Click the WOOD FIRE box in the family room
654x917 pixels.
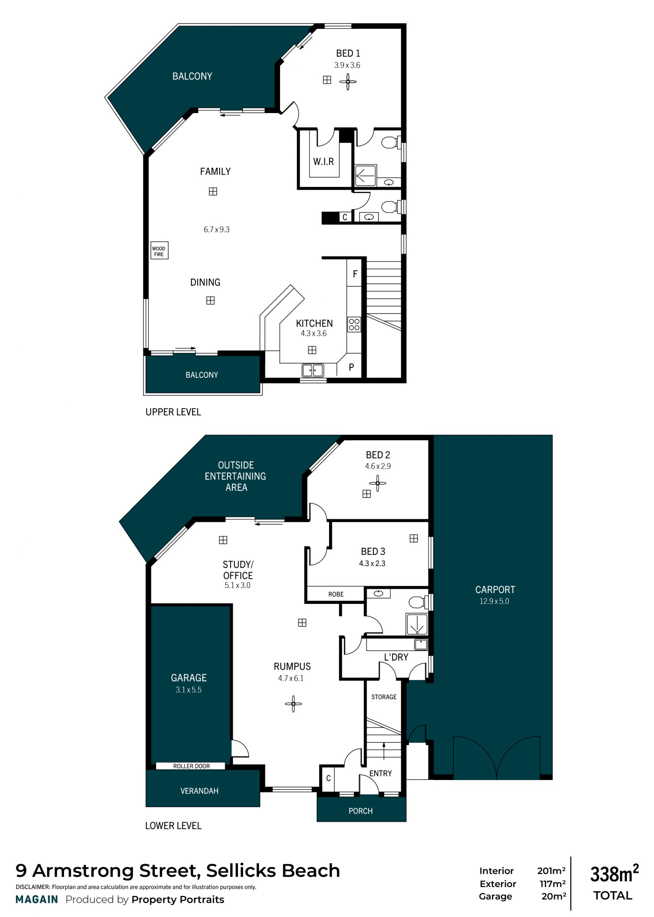(x=159, y=250)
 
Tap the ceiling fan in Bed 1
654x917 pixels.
(x=347, y=82)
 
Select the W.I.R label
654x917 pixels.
(x=323, y=161)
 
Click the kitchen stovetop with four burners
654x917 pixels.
(x=354, y=325)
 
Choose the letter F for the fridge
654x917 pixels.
(x=355, y=274)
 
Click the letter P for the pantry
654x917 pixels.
(x=352, y=367)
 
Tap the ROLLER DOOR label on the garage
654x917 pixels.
(x=191, y=766)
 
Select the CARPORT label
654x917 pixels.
(x=495, y=590)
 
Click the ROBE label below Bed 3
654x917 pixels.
(x=336, y=594)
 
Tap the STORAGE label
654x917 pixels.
(x=384, y=697)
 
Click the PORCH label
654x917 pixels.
(x=360, y=811)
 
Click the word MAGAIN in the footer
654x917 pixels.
(x=37, y=900)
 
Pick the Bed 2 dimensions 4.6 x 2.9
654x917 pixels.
(x=378, y=466)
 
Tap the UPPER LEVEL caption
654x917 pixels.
(x=173, y=412)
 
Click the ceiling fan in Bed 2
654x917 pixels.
(x=377, y=483)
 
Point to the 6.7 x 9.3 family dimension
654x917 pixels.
(x=216, y=230)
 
